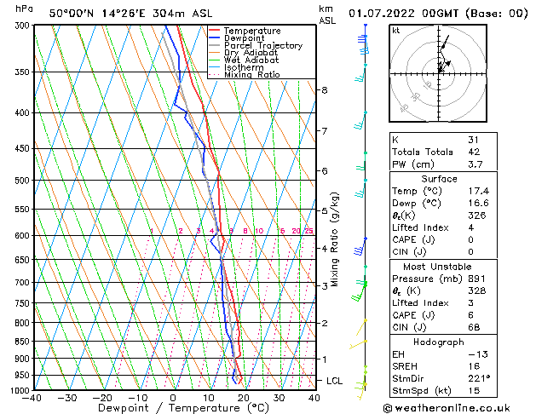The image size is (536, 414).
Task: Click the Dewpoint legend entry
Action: point(251,38)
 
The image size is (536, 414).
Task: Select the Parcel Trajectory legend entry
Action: point(262,46)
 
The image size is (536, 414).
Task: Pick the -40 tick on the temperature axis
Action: point(32,398)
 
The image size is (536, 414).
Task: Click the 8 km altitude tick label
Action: point(325,90)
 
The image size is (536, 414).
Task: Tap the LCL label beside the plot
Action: point(334,381)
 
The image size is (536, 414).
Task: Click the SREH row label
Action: point(406,365)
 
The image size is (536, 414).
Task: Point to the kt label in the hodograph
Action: point(396,31)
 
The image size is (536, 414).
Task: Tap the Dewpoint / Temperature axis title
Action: point(174,409)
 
